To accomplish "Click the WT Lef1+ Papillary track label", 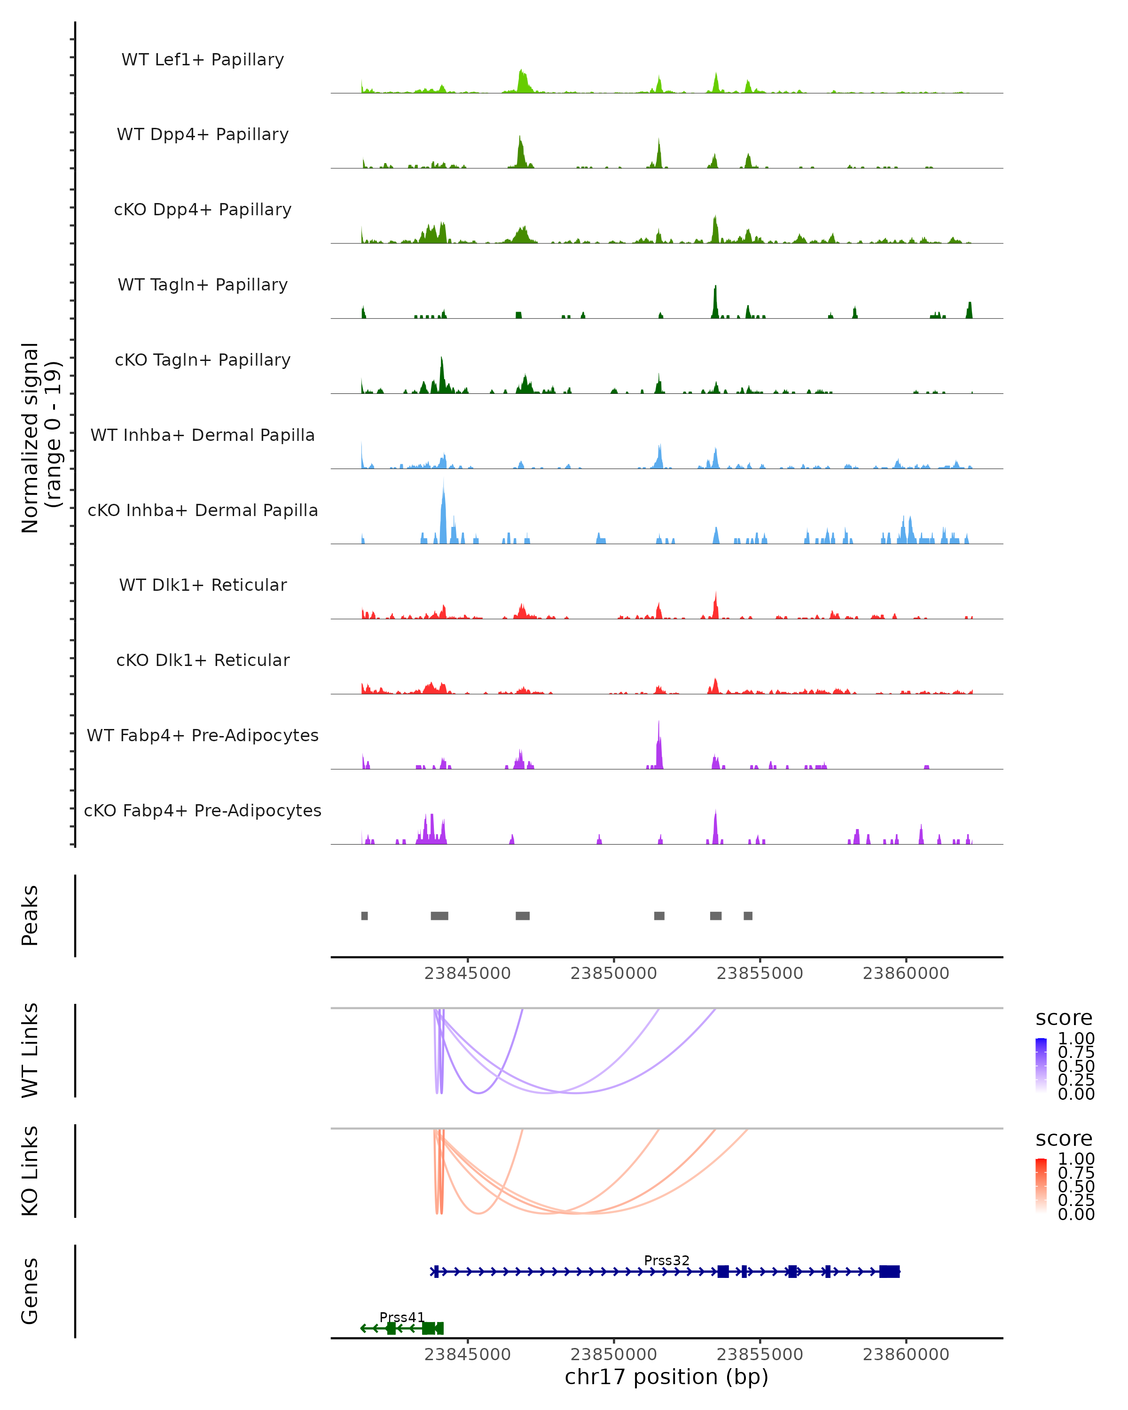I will coord(203,60).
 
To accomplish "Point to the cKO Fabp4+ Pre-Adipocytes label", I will coord(203,810).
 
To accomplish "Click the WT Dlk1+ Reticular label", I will coord(203,585).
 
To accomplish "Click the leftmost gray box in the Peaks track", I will coord(364,916).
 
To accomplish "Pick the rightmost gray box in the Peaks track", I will coord(748,916).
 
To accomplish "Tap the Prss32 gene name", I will coord(666,1260).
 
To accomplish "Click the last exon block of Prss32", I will coord(889,1271).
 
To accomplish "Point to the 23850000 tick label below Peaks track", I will coord(613,973).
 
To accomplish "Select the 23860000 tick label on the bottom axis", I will coord(906,1355).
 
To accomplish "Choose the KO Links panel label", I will coord(30,1171).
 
